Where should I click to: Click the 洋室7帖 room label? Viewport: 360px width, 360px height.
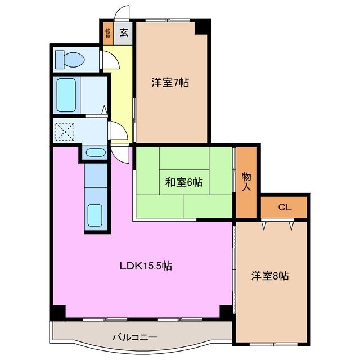169,83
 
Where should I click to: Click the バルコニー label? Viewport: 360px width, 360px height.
135,337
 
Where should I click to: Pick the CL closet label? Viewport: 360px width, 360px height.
285,207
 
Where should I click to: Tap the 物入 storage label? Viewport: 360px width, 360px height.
247,181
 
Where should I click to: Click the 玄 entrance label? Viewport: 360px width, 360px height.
124,32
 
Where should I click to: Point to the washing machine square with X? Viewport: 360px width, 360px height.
66,131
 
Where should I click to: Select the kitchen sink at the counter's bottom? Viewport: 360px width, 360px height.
96,214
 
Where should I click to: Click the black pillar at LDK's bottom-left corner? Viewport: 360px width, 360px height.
58,311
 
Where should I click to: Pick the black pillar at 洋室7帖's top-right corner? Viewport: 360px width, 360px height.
202,26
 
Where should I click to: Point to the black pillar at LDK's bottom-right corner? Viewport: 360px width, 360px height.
226,311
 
